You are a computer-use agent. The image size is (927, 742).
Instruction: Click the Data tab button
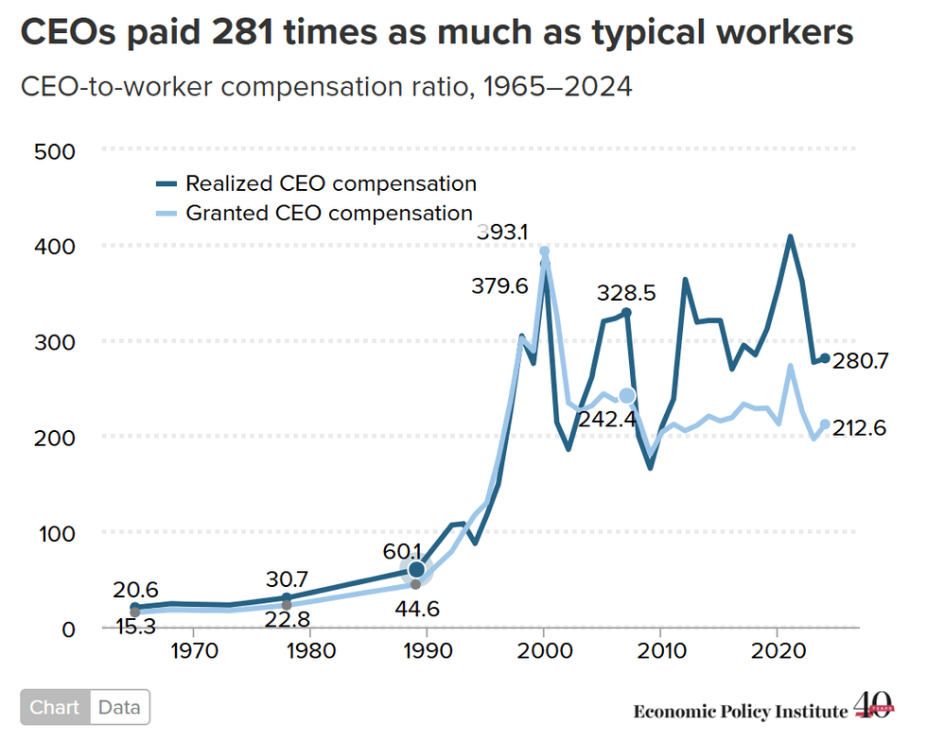[119, 707]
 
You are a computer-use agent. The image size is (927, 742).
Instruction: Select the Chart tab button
[55, 707]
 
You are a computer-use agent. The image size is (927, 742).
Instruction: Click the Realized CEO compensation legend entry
[316, 183]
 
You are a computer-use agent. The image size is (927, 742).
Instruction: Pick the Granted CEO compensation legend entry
[314, 213]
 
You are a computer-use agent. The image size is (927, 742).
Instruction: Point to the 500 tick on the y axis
[55, 152]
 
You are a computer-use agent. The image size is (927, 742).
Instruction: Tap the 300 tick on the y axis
[55, 342]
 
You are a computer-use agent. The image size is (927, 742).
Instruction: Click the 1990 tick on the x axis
[428, 650]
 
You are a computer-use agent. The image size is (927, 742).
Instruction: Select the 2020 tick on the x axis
[778, 650]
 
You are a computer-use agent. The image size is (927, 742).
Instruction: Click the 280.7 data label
[860, 360]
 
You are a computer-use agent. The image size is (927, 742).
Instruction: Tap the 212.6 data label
[860, 427]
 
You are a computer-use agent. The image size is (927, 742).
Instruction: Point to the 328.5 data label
[626, 292]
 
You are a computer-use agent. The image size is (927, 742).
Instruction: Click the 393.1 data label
[502, 233]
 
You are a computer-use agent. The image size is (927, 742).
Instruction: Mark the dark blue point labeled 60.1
[416, 569]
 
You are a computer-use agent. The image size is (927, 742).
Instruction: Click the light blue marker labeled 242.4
[626, 396]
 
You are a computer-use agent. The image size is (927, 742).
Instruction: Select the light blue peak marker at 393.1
[545, 251]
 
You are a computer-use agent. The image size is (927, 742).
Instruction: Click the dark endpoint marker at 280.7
[825, 358]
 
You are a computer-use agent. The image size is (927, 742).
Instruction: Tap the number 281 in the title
[242, 32]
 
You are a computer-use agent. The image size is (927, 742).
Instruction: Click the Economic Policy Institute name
[741, 711]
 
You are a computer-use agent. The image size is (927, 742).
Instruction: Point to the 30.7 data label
[287, 578]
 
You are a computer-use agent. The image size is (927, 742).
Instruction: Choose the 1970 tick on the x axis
[195, 650]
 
